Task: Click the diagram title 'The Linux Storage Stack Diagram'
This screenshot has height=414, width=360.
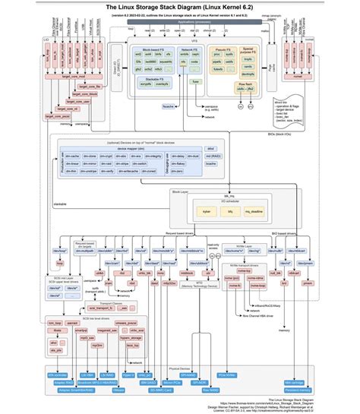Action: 180,6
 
